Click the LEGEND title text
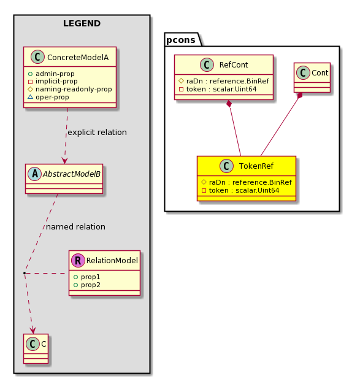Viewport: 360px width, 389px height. [x=82, y=23]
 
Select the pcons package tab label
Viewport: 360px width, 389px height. [x=181, y=40]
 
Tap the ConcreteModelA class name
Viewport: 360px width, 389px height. [x=78, y=58]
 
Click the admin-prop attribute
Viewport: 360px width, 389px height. [x=55, y=74]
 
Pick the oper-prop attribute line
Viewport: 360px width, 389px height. [x=52, y=97]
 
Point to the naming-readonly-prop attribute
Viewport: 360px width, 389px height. [x=74, y=90]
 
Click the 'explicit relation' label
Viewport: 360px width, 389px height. [x=97, y=133]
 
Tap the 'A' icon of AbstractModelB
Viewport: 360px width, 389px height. [x=35, y=174]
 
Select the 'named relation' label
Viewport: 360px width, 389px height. [x=75, y=227]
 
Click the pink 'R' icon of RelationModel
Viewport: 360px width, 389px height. [x=78, y=260]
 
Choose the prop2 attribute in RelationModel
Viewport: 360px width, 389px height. [x=91, y=285]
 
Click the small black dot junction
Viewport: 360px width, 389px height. [x=25, y=273]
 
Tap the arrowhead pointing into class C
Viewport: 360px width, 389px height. [x=33, y=330]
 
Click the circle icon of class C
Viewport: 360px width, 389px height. [x=33, y=344]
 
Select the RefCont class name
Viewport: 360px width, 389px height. [x=234, y=65]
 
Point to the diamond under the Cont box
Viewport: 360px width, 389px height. [x=301, y=96]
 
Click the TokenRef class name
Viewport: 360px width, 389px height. [x=256, y=166]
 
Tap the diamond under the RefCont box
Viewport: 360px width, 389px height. [x=229, y=104]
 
